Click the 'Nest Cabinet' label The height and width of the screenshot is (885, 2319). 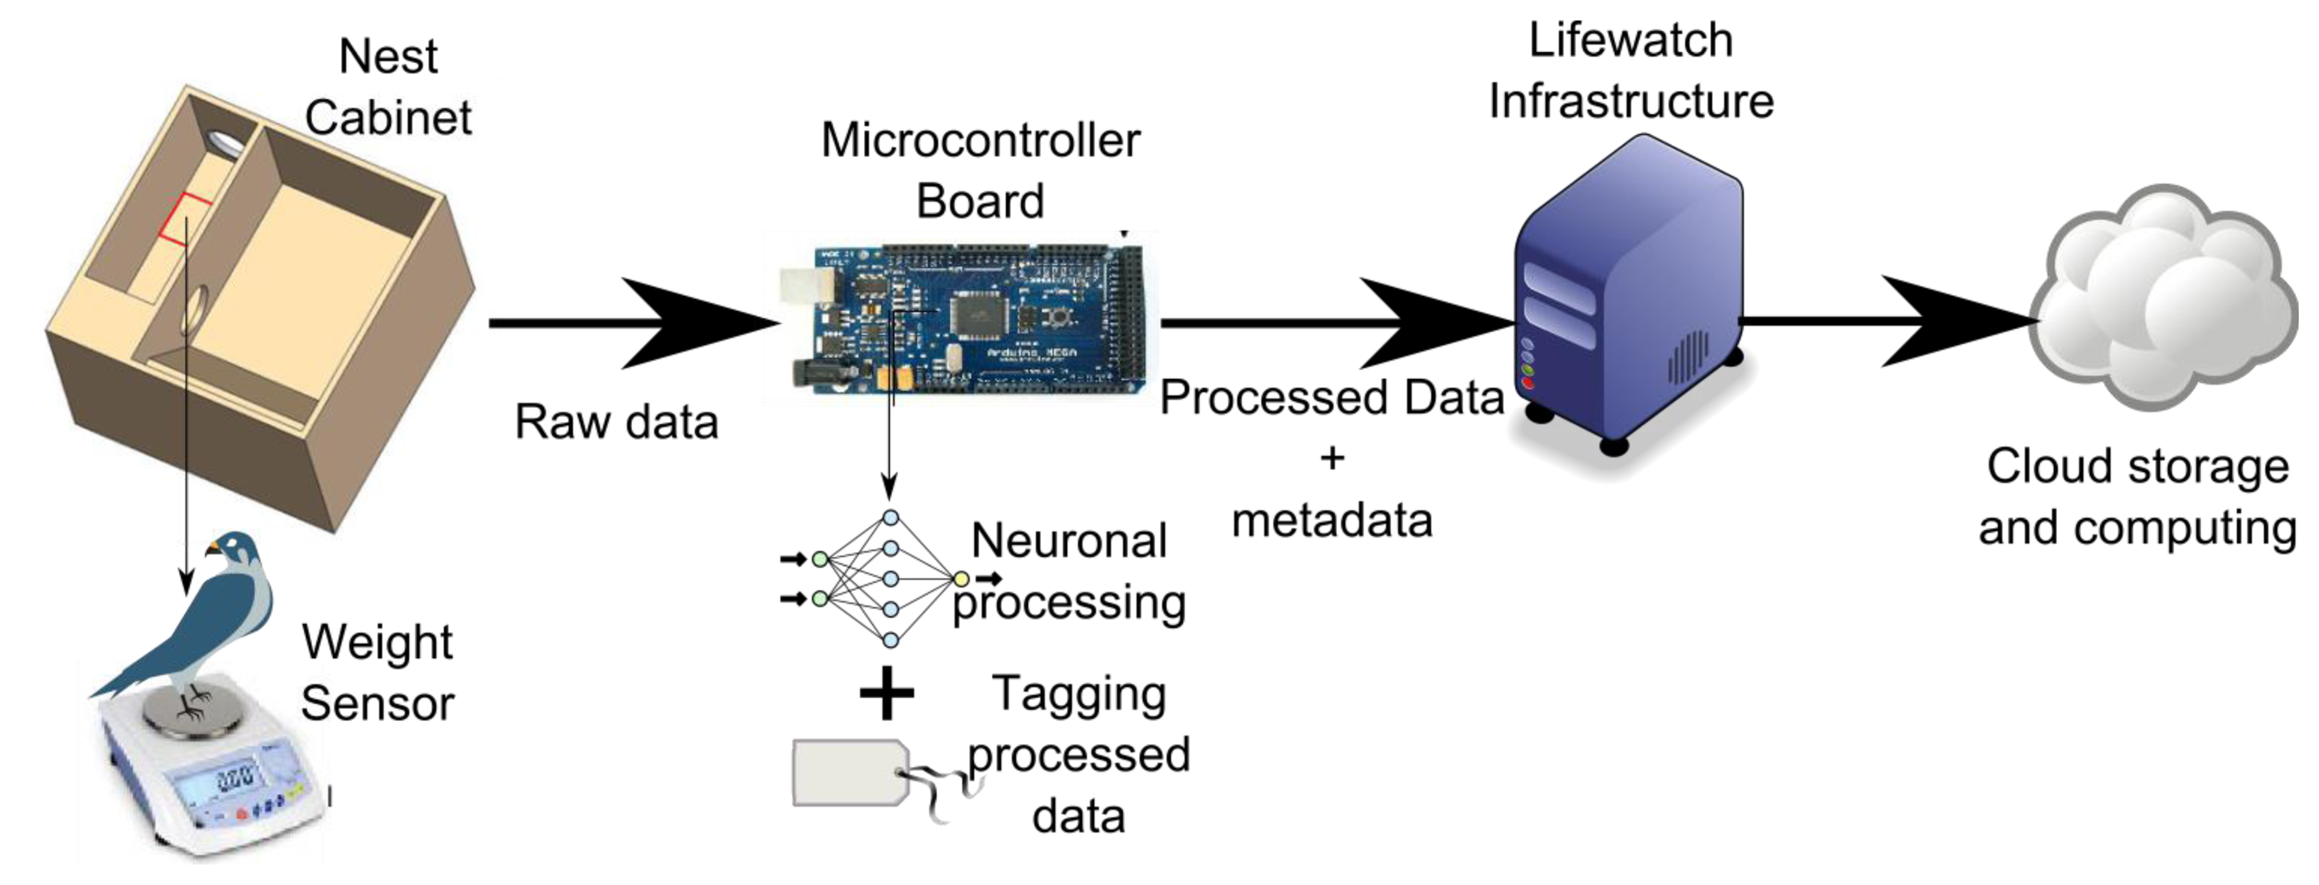[388, 87]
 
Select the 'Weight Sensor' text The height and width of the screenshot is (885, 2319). [377, 672]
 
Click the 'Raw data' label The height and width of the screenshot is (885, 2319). [617, 421]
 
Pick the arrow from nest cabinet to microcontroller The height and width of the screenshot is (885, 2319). [630, 322]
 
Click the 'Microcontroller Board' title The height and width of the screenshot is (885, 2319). [980, 171]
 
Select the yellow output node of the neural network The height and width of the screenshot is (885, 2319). [961, 579]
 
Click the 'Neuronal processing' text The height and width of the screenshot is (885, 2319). [1069, 571]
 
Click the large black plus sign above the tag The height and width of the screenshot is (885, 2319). [887, 693]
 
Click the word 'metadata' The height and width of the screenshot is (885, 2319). [1331, 520]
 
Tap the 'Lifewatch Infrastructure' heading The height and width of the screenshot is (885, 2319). [1630, 70]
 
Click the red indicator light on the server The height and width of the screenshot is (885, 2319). [1528, 385]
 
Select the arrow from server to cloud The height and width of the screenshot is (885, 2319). [1891, 321]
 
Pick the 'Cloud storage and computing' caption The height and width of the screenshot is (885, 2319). [2137, 497]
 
